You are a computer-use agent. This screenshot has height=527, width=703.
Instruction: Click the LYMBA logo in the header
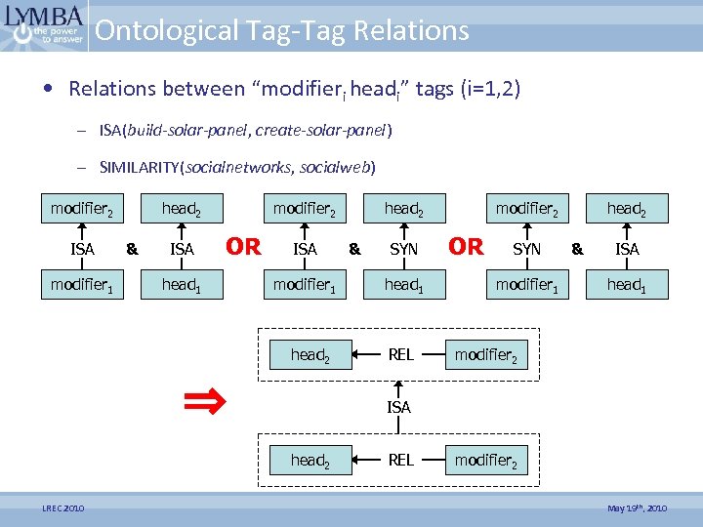point(44,25)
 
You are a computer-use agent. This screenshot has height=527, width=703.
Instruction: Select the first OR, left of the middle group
point(243,247)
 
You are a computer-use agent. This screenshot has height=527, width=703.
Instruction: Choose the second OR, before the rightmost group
point(466,247)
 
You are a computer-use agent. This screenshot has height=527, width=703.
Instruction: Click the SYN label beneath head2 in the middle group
point(403,249)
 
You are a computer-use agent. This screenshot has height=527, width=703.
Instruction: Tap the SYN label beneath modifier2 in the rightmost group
point(526,249)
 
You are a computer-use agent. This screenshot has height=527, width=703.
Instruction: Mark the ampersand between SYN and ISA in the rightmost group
point(576,249)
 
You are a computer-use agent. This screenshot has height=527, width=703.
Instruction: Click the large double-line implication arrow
point(207,399)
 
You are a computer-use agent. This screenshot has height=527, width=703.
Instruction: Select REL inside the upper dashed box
point(400,355)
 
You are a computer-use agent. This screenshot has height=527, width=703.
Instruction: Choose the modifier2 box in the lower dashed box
point(485,461)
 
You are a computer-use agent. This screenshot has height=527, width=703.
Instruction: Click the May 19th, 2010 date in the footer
point(638,508)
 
